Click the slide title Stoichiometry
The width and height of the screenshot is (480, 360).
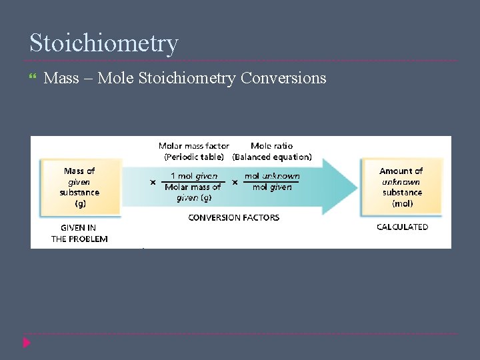pyautogui.click(x=104, y=43)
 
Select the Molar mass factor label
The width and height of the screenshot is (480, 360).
pyautogui.click(x=193, y=146)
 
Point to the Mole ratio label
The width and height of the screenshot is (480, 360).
pyautogui.click(x=271, y=146)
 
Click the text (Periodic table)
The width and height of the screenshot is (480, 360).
pyautogui.click(x=195, y=157)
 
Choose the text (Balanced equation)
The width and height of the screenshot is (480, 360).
pyautogui.click(x=271, y=157)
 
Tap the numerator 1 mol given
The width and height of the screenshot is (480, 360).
pyautogui.click(x=193, y=176)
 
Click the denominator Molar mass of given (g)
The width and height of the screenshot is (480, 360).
pyautogui.click(x=193, y=192)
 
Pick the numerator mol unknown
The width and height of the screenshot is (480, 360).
pyautogui.click(x=272, y=176)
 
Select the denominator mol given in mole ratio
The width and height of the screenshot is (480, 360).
pyautogui.click(x=272, y=187)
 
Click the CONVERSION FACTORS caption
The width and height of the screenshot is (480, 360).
pyautogui.click(x=233, y=217)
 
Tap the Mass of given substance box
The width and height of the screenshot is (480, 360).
pyautogui.click(x=80, y=187)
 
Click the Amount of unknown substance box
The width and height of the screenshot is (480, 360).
pyautogui.click(x=401, y=187)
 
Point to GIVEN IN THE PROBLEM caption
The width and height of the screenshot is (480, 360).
pyautogui.click(x=79, y=233)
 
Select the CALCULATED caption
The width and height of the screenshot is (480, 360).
pyautogui.click(x=402, y=227)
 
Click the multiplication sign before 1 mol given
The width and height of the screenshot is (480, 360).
pyautogui.click(x=153, y=181)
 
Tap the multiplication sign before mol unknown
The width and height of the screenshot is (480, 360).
pyautogui.click(x=235, y=181)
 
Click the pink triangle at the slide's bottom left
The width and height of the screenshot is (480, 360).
pyautogui.click(x=27, y=343)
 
